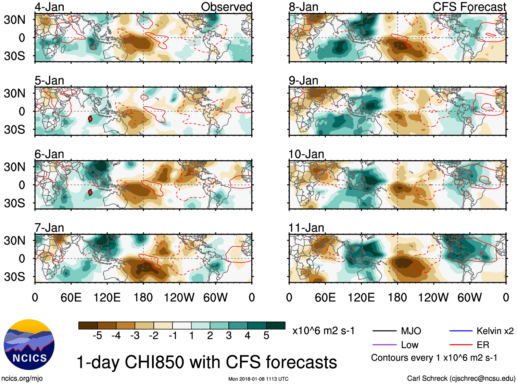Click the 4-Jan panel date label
49,7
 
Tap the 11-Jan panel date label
306,228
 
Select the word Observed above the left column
226,7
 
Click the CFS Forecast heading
469,7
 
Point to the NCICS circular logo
29,345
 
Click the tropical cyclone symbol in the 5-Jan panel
90,119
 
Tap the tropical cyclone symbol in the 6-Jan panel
90,193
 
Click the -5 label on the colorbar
97,336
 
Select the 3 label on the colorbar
229,336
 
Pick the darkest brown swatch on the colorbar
88,325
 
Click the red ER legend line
461,345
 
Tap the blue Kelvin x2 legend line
461,331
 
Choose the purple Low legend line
384,345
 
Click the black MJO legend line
384,331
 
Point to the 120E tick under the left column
107,297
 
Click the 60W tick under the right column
469,297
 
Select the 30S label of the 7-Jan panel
14,277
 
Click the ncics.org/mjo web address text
22,379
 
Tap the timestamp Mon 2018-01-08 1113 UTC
258,379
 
